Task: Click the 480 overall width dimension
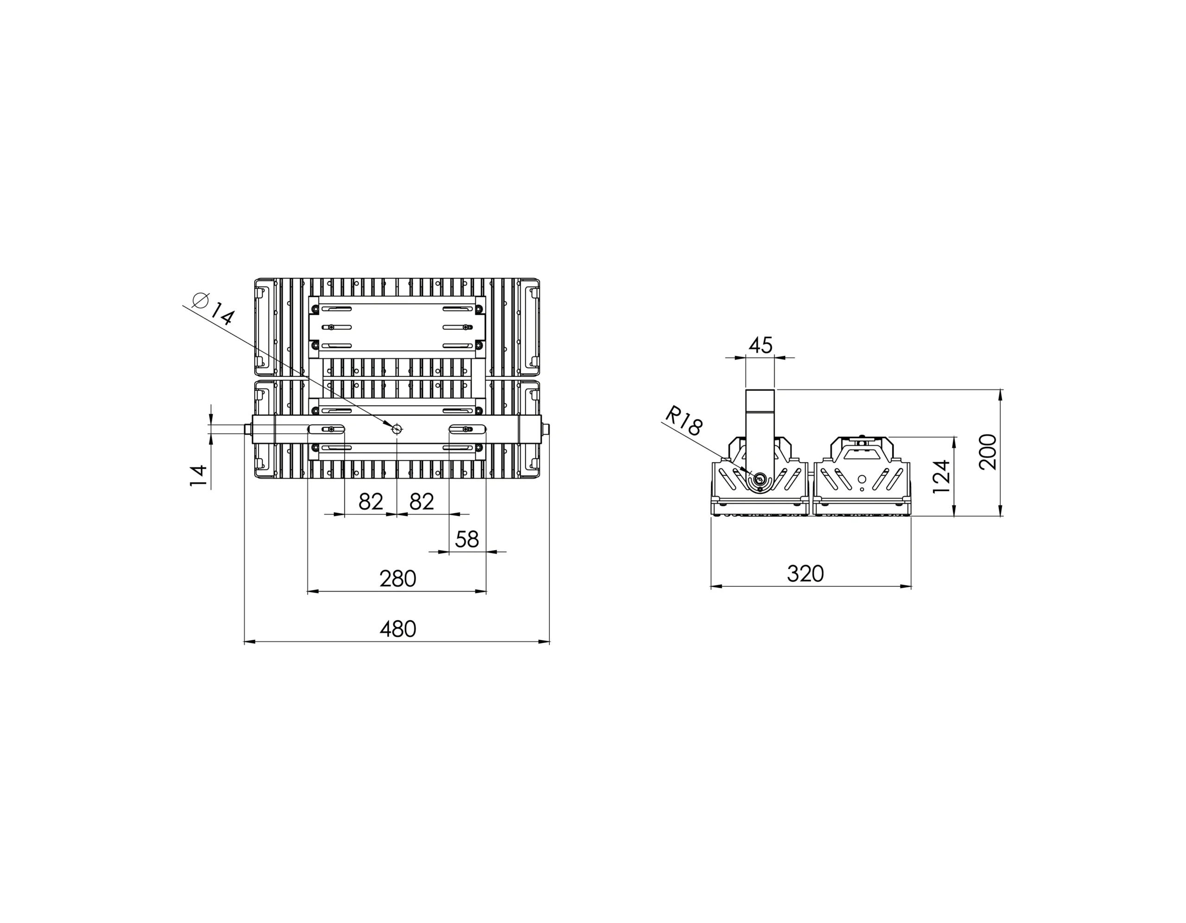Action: [x=397, y=629]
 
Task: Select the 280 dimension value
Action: [x=397, y=579]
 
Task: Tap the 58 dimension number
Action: [x=467, y=540]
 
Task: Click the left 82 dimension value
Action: [x=371, y=502]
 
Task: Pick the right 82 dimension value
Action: [x=422, y=502]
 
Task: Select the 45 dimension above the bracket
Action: [x=760, y=345]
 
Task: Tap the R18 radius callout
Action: [x=684, y=421]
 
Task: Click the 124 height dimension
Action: [x=942, y=477]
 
